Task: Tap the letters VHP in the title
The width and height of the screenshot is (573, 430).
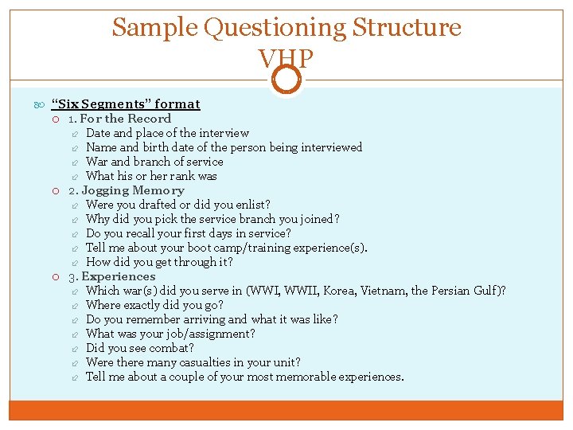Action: coord(286,58)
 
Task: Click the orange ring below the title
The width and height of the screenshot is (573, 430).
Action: coord(286,79)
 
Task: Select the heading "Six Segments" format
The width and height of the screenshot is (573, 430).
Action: coord(125,104)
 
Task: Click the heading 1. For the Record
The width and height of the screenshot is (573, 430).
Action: coord(119,119)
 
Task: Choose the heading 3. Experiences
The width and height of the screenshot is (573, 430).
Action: coord(112,276)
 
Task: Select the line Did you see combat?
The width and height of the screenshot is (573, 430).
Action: coord(139,348)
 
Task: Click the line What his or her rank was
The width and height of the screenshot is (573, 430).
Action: coord(151,176)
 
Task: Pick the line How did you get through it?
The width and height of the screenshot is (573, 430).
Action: coord(159,262)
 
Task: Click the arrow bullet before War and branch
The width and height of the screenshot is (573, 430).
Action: coord(72,162)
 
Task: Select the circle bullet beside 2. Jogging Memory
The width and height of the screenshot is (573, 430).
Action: coord(56,190)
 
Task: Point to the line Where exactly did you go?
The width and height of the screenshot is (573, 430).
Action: coord(154,305)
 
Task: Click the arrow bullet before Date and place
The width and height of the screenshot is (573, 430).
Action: coord(72,133)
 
